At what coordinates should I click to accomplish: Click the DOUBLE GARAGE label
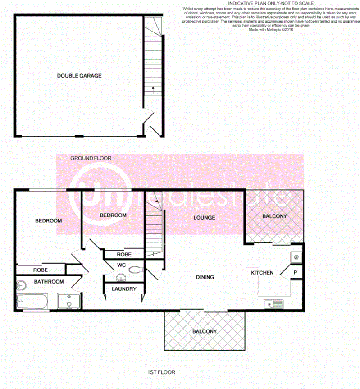pos(79,76)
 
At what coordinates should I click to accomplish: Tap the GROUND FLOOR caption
pos(91,158)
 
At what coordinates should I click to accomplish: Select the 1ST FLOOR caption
pos(161,372)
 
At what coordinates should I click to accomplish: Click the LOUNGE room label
pos(204,218)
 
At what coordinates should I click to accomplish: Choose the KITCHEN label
pos(262,273)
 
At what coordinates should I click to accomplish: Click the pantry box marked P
pos(296,273)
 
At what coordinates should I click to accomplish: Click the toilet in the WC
pos(135,270)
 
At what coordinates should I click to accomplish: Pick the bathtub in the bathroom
pos(32,301)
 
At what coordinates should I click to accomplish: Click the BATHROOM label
pos(49,282)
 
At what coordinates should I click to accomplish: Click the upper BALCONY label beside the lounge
pos(274,216)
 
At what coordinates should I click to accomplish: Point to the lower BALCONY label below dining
pos(205,331)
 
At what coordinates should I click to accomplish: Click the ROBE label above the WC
pos(124,254)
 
